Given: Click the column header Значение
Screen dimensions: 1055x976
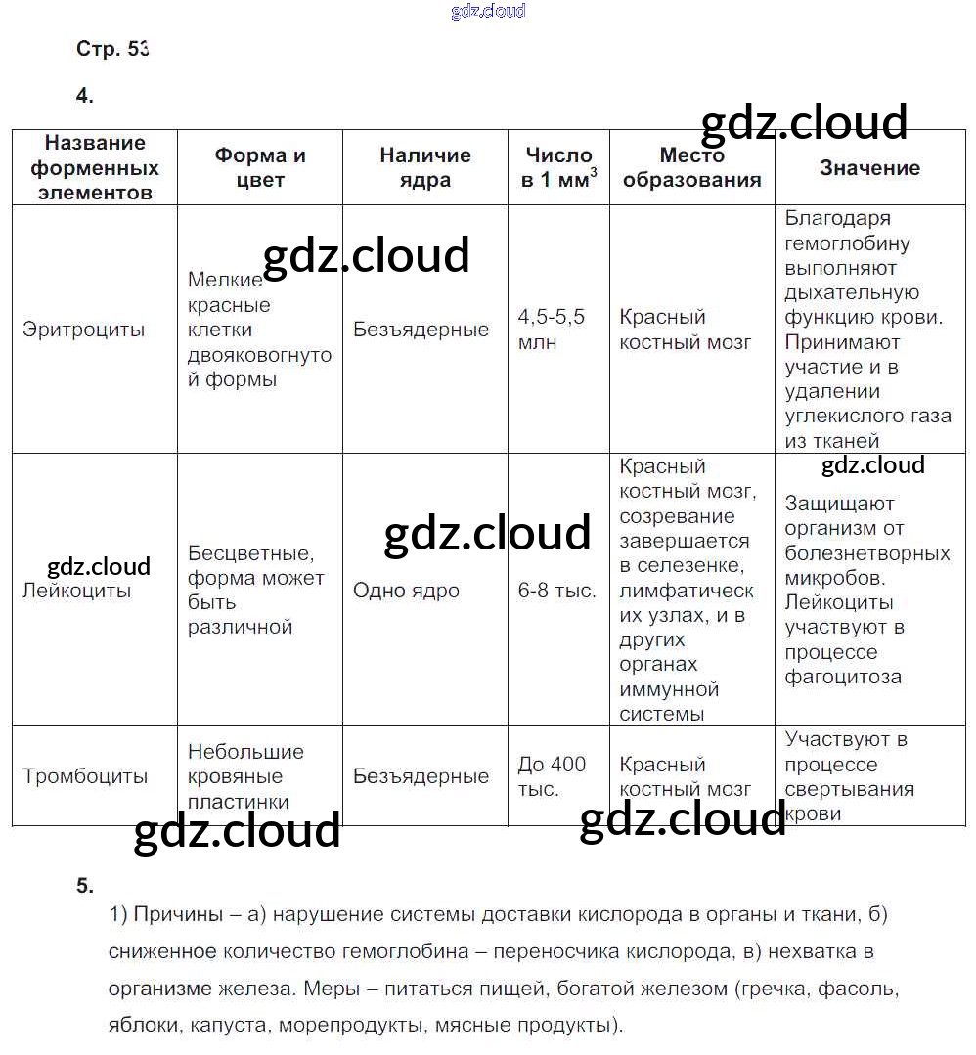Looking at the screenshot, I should (x=869, y=168).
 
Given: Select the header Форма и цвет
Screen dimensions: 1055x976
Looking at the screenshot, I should (x=260, y=167).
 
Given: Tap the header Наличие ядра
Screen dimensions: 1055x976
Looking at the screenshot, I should (x=425, y=167).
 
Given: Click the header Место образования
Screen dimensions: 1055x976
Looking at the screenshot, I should (x=691, y=167).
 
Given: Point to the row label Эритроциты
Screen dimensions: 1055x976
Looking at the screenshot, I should (x=83, y=330).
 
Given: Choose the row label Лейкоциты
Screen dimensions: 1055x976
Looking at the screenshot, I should (x=76, y=591).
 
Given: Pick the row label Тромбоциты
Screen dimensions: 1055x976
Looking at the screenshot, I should (x=85, y=776).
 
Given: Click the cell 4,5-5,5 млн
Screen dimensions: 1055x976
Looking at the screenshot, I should (x=551, y=330).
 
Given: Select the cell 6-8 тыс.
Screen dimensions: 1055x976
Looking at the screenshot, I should (x=556, y=591).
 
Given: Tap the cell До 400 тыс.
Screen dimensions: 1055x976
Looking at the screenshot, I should (x=552, y=776).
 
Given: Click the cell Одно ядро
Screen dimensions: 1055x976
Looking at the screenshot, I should (x=406, y=591).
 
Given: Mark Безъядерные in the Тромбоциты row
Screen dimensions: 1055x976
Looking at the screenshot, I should (x=421, y=776).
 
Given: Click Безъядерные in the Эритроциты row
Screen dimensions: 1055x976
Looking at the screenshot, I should (x=421, y=330).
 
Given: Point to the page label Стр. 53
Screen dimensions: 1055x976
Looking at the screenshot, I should (x=111, y=49).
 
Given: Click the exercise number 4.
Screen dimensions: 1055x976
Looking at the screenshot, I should (x=84, y=95).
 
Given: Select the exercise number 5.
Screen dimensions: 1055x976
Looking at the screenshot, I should (x=84, y=886).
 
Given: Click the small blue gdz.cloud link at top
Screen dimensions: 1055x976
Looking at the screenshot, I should (x=488, y=11).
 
